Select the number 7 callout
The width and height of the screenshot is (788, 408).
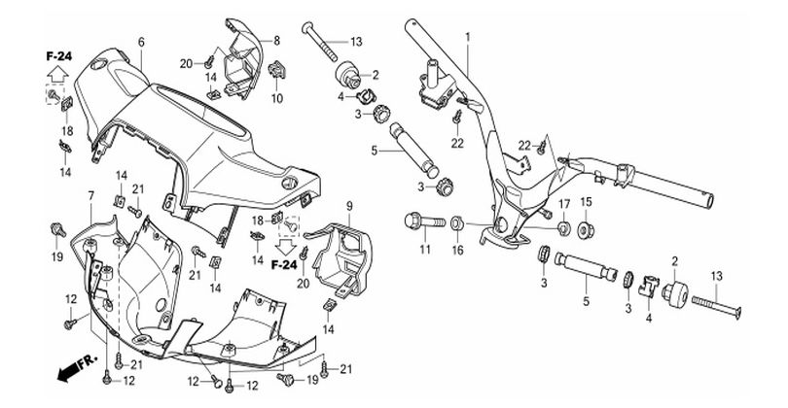tap(90, 196)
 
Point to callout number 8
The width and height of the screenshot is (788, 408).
tap(276, 40)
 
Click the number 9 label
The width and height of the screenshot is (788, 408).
tap(349, 205)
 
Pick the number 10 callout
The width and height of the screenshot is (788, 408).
tap(276, 98)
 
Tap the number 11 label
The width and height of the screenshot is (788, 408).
tap(425, 251)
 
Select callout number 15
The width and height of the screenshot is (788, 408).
tap(586, 201)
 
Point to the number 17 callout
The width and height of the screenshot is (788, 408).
tap(561, 201)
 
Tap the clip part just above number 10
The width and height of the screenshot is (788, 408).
tap(278, 69)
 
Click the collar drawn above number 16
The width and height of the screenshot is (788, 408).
tap(456, 223)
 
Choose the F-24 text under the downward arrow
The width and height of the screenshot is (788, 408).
tap(284, 264)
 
